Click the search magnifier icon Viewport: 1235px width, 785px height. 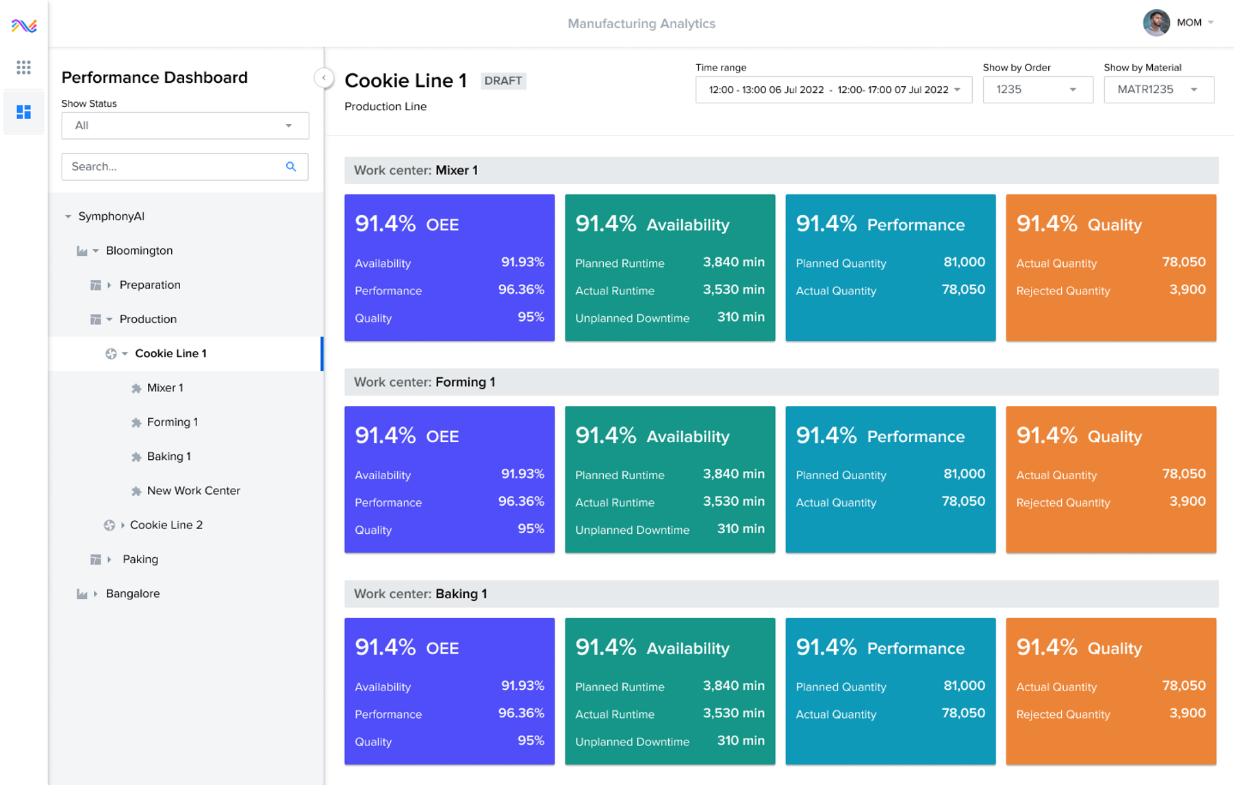tap(291, 166)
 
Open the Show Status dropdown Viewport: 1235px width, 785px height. tap(185, 125)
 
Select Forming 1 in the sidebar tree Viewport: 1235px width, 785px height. tap(172, 422)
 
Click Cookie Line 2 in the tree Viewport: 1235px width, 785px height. tap(166, 525)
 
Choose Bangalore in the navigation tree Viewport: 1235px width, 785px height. tap(132, 593)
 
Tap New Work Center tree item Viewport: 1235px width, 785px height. tap(193, 491)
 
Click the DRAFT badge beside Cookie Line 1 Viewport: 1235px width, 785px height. tap(502, 81)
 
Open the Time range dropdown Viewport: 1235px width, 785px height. tap(833, 90)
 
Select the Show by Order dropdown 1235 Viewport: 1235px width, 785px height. tap(1036, 90)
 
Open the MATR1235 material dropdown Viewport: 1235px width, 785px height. tap(1158, 90)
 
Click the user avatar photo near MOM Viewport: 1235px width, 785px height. tap(1156, 23)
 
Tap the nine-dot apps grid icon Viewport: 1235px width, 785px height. tap(24, 67)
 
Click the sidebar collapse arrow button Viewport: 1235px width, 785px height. tap(324, 78)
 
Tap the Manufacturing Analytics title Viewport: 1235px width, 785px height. tap(641, 23)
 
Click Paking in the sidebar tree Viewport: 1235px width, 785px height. tap(140, 559)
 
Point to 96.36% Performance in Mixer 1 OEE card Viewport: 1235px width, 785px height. tap(520, 290)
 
